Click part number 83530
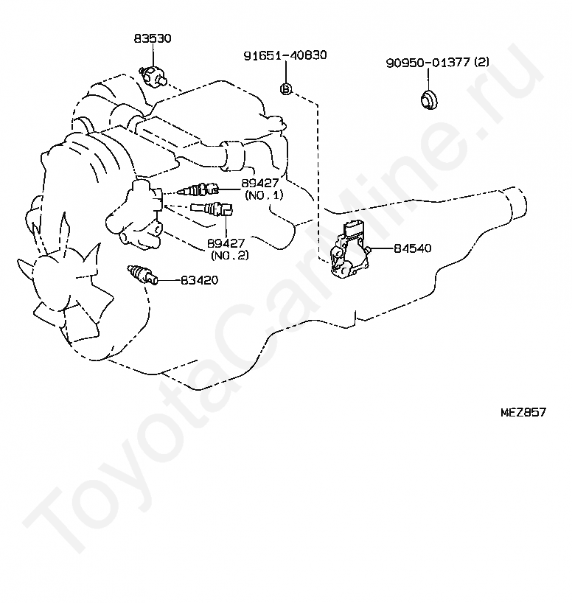[x=153, y=39]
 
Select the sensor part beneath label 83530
[x=154, y=74]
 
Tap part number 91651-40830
[x=285, y=55]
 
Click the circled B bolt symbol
[x=286, y=89]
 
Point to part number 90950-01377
[x=428, y=63]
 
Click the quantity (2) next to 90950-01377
[x=481, y=63]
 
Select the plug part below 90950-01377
[x=427, y=100]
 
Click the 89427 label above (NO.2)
[x=226, y=243]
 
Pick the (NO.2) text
[x=229, y=255]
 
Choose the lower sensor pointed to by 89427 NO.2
[x=212, y=210]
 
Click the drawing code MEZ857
[x=523, y=413]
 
